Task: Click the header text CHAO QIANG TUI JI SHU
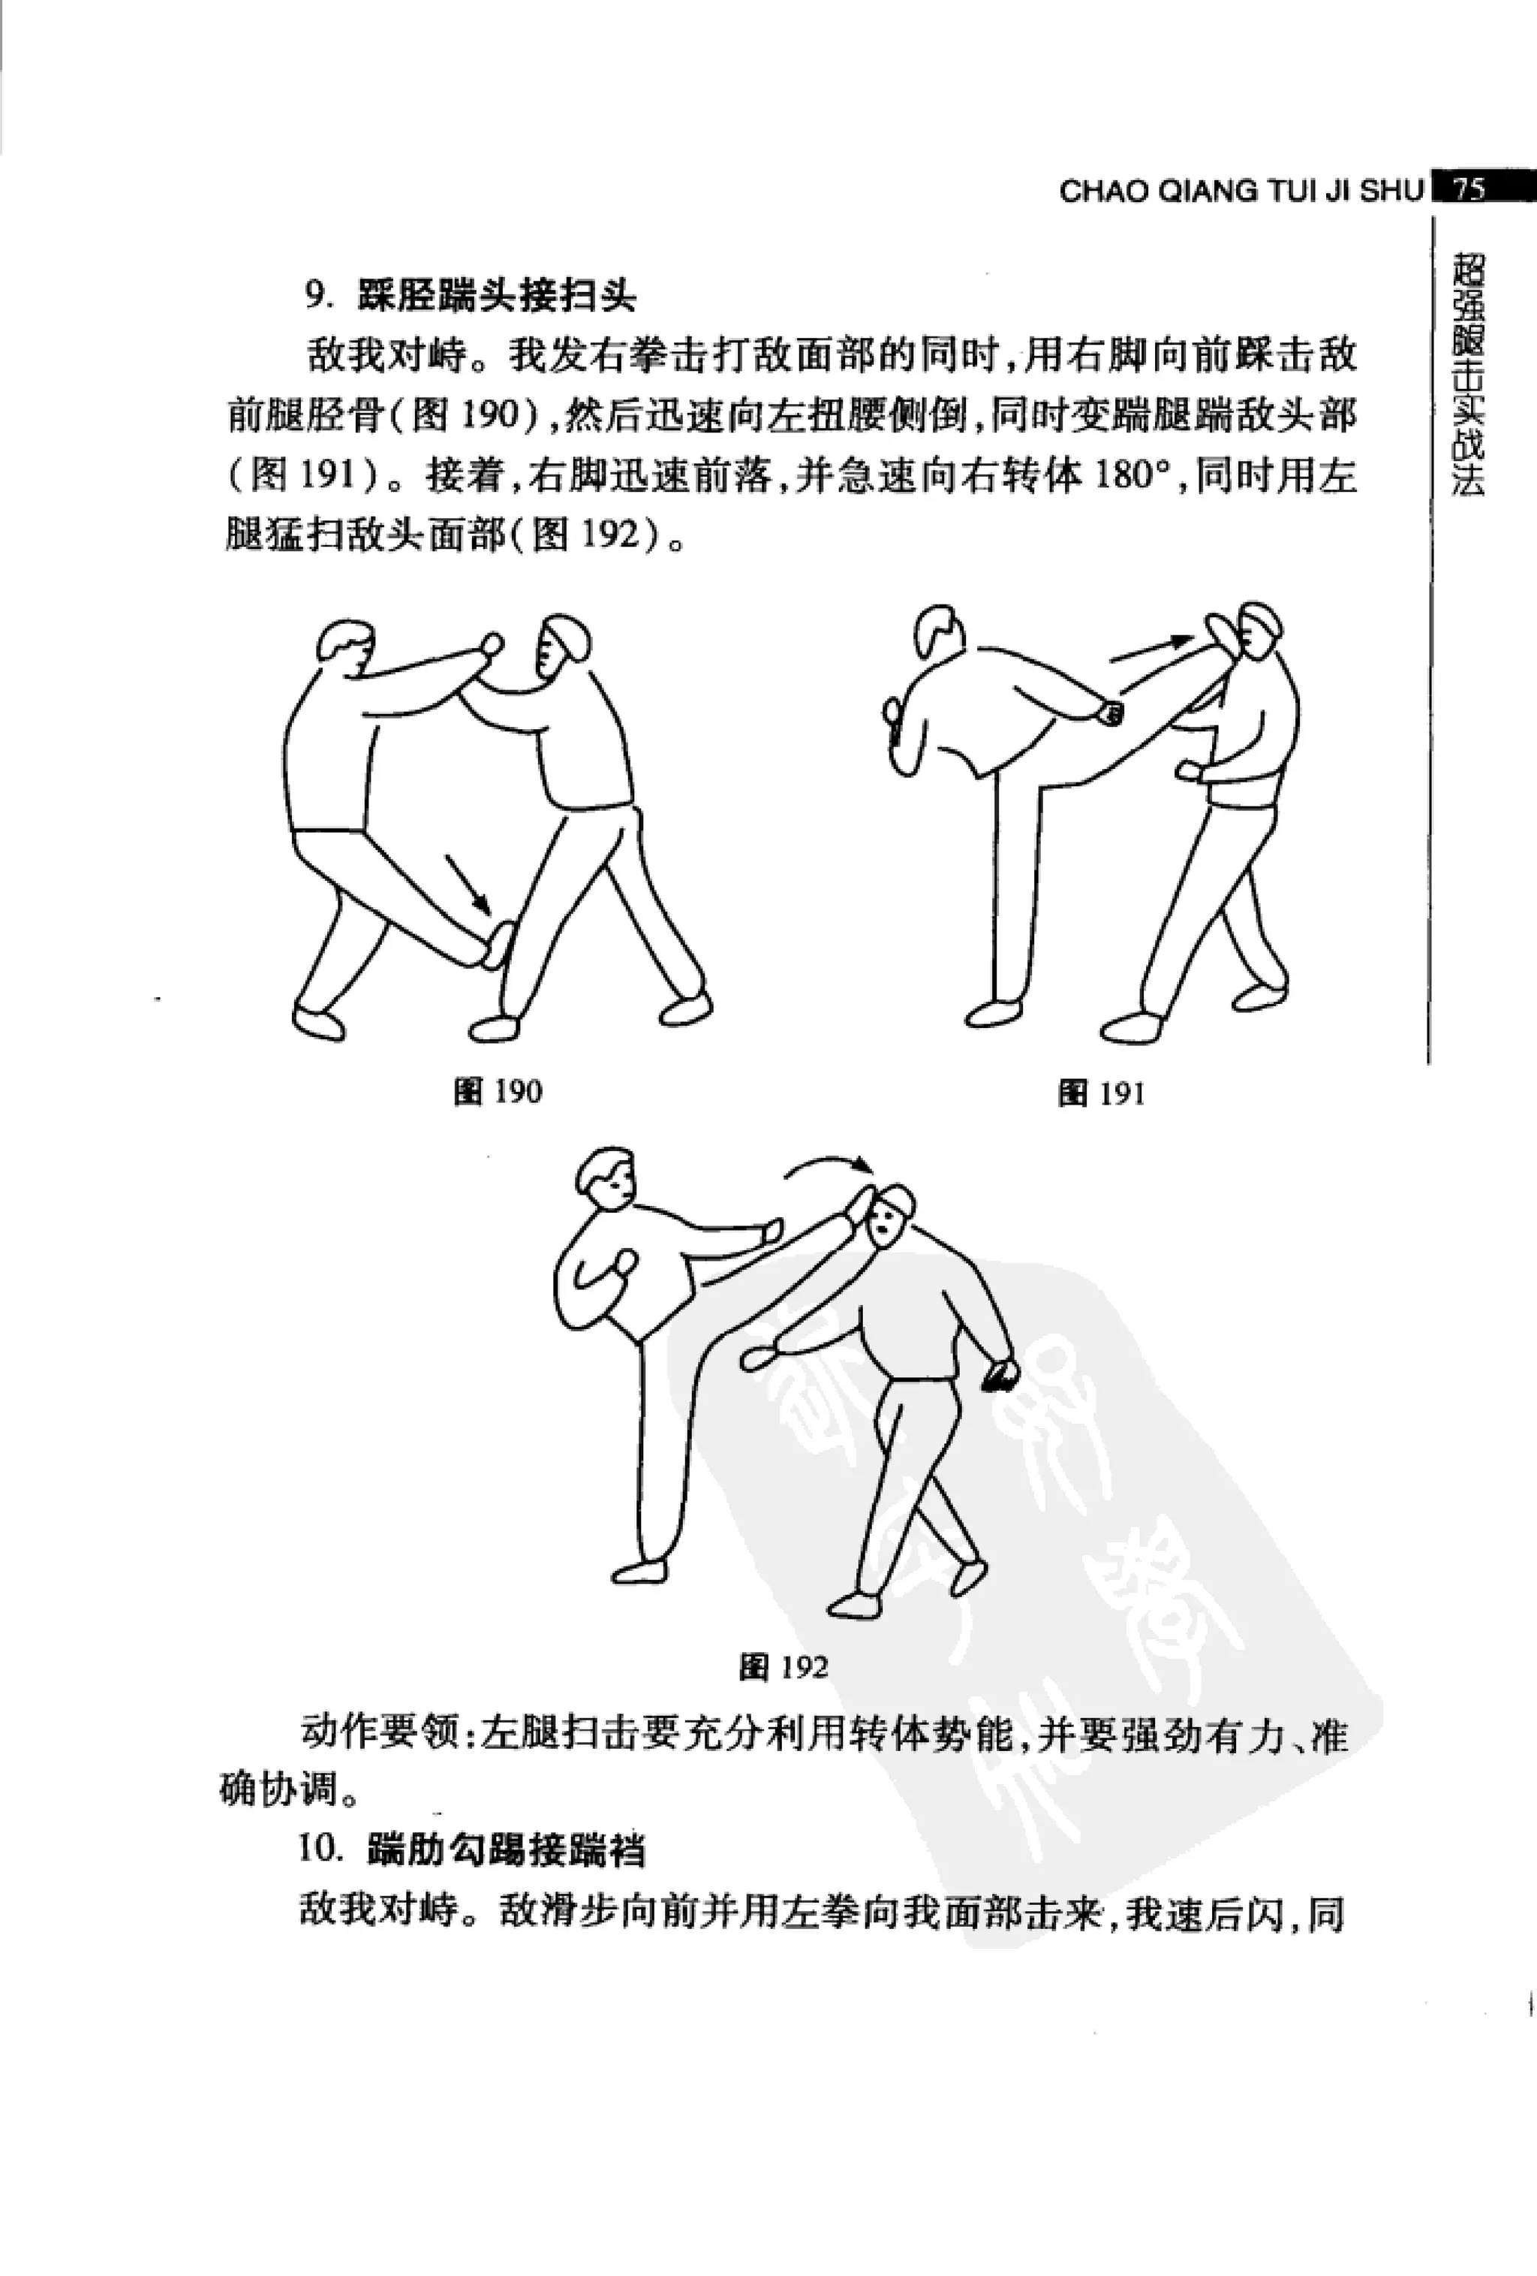pos(1241,190)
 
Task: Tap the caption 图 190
pos(498,1092)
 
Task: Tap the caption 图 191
pos(1102,1093)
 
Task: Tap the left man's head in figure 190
pos(344,644)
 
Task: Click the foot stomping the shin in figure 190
pos(498,946)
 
